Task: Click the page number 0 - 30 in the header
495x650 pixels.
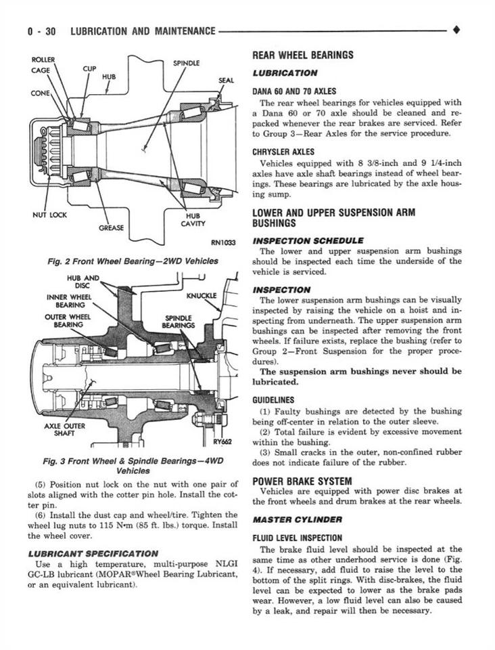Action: pyautogui.click(x=42, y=31)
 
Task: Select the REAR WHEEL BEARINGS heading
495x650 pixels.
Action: pyautogui.click(x=302, y=56)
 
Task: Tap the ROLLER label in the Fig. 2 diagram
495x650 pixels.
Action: pyautogui.click(x=43, y=60)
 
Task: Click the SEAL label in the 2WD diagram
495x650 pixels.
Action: pyautogui.click(x=226, y=81)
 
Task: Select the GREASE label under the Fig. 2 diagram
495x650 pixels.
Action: pyautogui.click(x=112, y=227)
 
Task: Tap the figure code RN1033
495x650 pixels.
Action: pyautogui.click(x=221, y=245)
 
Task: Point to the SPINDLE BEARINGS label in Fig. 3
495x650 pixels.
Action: pyautogui.click(x=179, y=321)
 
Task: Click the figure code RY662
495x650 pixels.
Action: pyautogui.click(x=222, y=441)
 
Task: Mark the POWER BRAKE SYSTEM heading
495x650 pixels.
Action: pyautogui.click(x=302, y=481)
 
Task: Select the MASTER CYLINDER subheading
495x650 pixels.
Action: pyautogui.click(x=298, y=519)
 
